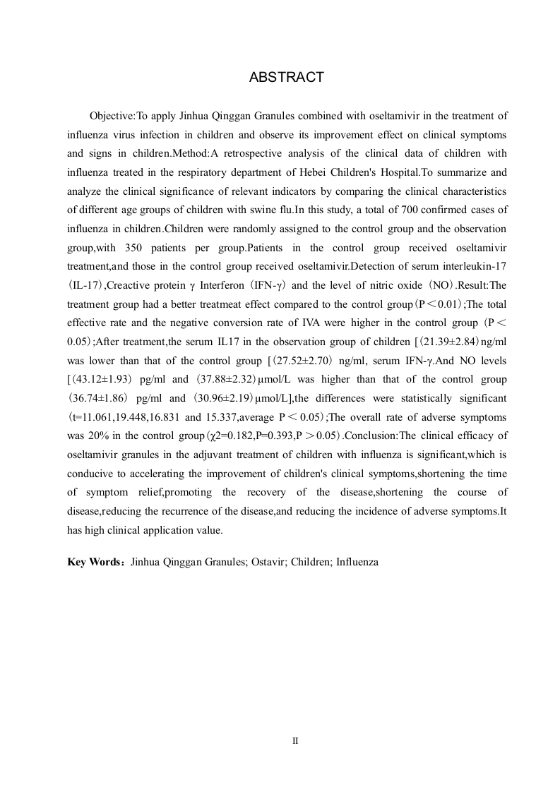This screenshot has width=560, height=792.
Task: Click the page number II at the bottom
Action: tap(295, 740)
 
